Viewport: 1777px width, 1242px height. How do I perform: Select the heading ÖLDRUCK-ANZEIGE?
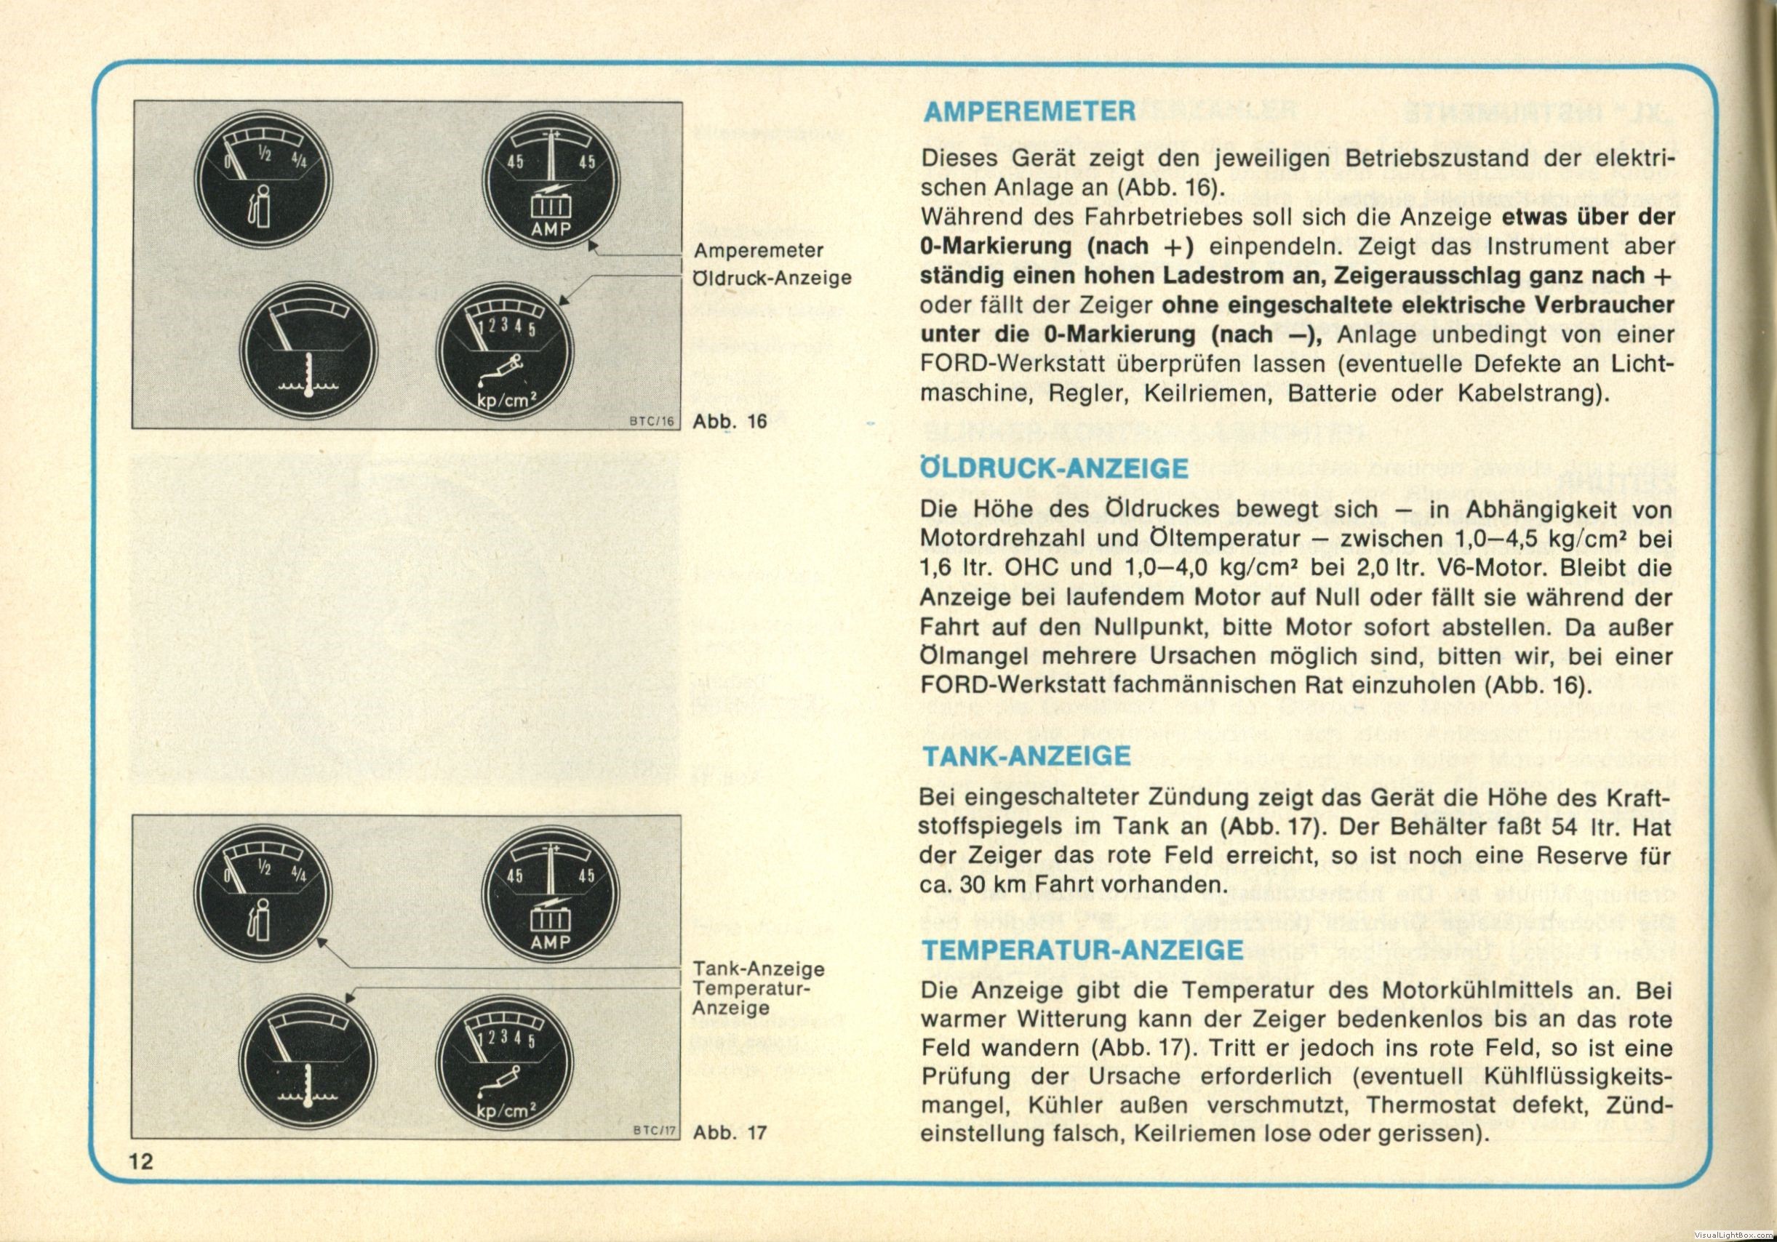[1054, 468]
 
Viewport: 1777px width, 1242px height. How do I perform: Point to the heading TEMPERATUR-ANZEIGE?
[1083, 950]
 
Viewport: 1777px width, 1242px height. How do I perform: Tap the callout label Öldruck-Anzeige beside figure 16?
[772, 278]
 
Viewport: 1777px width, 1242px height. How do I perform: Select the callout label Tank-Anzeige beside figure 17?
[759, 969]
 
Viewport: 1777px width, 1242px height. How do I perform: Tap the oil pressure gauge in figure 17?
[505, 1065]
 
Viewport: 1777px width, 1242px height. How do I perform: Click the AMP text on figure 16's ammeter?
[551, 229]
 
